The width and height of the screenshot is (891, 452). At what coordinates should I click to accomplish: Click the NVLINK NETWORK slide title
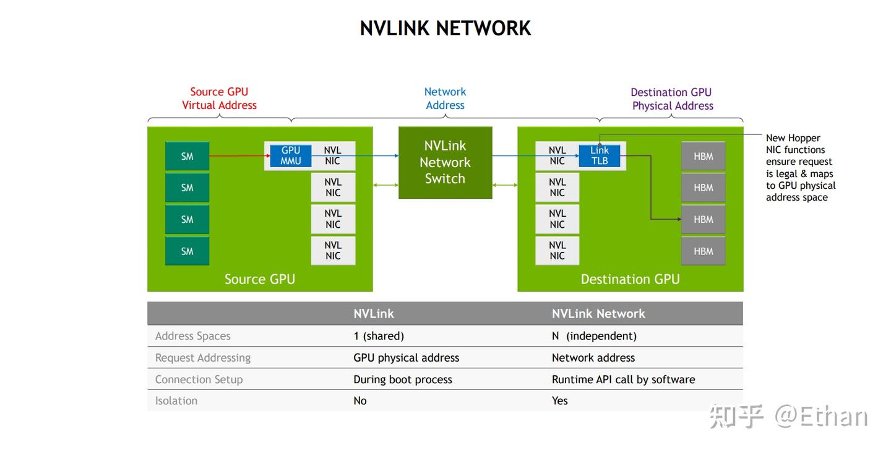coord(445,28)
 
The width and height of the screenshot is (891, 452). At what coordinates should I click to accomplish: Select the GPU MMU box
coord(290,155)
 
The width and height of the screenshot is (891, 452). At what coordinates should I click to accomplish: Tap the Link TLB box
coord(599,155)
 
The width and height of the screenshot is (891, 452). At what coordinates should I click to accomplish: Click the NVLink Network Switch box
coord(445,162)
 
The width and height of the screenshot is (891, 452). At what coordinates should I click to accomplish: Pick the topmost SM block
coord(187,156)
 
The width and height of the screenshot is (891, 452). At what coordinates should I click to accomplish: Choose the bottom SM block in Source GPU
coord(187,251)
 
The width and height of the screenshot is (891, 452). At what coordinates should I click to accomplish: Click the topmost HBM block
coord(703,156)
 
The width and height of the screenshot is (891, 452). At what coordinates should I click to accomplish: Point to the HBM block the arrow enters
coord(703,219)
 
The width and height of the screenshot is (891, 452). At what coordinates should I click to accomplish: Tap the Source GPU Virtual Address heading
coord(219,98)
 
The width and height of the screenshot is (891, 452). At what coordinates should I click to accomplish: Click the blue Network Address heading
coord(445,98)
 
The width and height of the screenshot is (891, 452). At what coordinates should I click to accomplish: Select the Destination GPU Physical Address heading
coord(672,99)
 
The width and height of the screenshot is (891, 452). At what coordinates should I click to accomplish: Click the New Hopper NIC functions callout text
coord(800,168)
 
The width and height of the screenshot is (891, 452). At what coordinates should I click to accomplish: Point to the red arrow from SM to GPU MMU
coord(238,156)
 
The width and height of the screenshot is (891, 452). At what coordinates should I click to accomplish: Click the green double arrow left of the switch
coord(385,185)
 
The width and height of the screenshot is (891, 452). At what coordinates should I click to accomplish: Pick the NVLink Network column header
coord(598,314)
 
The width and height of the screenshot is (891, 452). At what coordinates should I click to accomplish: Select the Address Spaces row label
coord(192,336)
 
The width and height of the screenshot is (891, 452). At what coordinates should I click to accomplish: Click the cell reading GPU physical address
coord(406,358)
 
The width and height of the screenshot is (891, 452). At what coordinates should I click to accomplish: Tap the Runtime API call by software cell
coord(623,380)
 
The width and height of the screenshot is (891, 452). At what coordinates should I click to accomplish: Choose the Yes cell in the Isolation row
coord(559,401)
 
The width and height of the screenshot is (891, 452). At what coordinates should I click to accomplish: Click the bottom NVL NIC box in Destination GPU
coord(557,251)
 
